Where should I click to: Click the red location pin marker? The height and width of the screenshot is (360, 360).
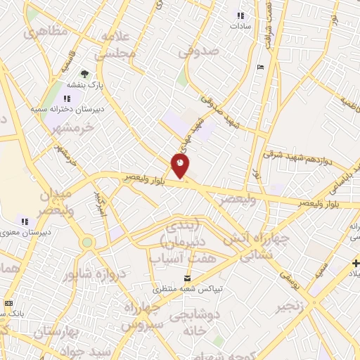[181, 166]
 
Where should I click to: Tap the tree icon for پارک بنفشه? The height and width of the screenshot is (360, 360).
[85, 73]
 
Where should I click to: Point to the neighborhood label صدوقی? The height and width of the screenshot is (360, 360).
[199, 51]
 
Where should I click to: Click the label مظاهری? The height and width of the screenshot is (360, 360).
[46, 32]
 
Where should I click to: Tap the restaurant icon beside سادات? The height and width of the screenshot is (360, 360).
[241, 15]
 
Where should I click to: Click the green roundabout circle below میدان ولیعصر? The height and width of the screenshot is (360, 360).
[87, 243]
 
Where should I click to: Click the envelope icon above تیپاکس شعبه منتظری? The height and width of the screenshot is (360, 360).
[186, 279]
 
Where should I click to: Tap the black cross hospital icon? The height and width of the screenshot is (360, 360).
[356, 263]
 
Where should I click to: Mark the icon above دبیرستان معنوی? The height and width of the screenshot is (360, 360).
[25, 221]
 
